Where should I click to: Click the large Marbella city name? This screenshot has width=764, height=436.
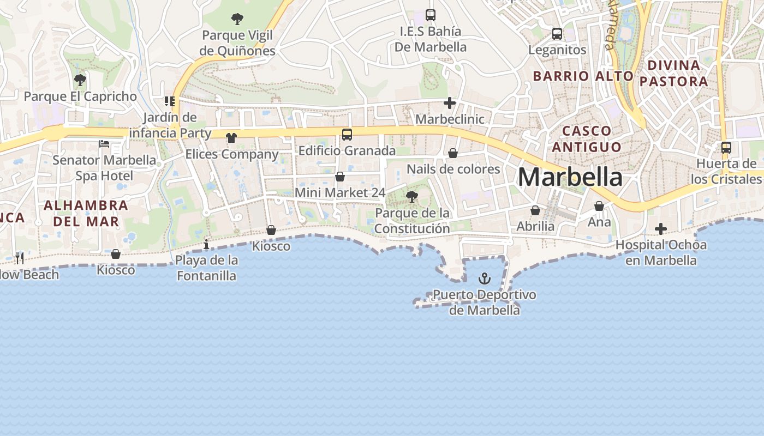(x=570, y=178)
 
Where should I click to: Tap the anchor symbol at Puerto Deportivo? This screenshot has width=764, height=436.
(x=484, y=279)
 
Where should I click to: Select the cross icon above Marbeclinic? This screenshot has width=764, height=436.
(x=450, y=103)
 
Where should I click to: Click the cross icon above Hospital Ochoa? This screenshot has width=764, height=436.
(x=661, y=229)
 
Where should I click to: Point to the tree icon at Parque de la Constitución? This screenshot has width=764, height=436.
(x=412, y=197)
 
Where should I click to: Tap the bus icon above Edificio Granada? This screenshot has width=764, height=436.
(x=347, y=134)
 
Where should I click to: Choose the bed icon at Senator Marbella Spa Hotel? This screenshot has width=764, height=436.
(x=104, y=144)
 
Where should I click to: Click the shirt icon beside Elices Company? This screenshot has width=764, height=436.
(x=231, y=138)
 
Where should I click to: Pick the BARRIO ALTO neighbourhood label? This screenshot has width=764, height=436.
(x=583, y=76)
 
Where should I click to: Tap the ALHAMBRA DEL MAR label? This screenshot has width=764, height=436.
(x=86, y=214)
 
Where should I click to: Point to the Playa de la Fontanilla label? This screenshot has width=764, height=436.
(x=206, y=268)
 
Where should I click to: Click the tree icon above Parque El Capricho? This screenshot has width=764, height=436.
(x=80, y=81)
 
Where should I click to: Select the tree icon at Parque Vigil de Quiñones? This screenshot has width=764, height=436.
(x=237, y=20)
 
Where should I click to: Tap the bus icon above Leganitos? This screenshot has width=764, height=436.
(x=557, y=34)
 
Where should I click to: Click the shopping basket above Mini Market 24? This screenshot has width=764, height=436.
(x=339, y=177)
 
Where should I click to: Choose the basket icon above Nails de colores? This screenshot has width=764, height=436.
(x=453, y=154)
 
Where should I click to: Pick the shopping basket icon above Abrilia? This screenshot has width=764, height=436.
(x=535, y=210)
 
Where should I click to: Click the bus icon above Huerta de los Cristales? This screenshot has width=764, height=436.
(x=726, y=148)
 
